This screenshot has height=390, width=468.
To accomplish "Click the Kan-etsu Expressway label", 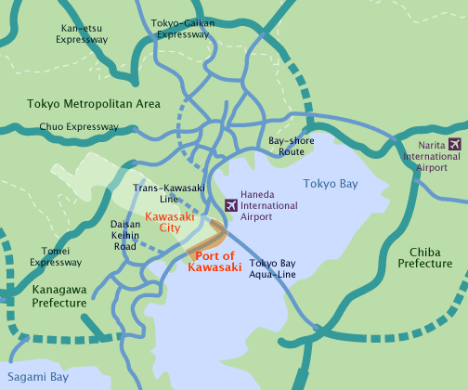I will click(82, 33).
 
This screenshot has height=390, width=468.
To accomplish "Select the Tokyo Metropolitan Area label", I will click(93, 103).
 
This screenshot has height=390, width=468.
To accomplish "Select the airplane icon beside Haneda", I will click(231, 204).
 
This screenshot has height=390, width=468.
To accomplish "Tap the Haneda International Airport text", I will click(269, 204).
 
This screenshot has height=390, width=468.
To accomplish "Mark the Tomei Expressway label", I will click(56, 256).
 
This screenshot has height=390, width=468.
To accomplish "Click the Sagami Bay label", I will click(34, 377).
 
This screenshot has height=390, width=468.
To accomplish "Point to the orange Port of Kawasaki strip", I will click(204, 240).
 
